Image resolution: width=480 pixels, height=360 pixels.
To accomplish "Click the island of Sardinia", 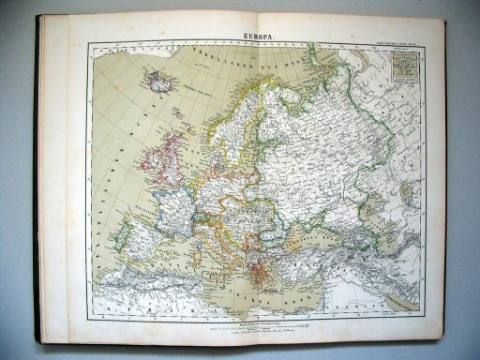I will coord(202,246).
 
